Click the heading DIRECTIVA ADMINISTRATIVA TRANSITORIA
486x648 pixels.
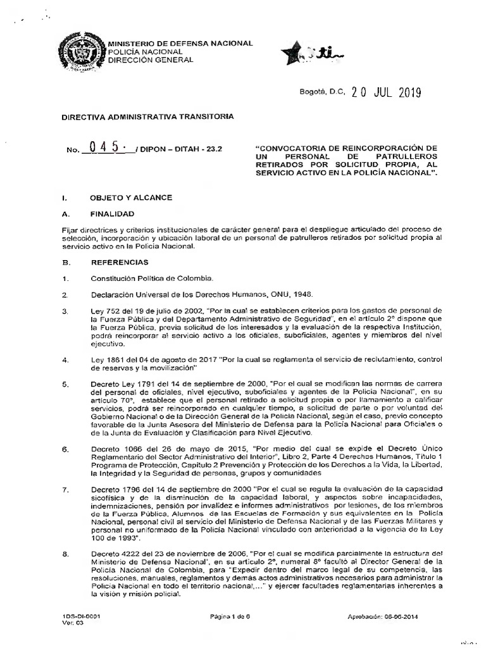pyautogui.click(x=138, y=116)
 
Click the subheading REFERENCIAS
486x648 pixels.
pyautogui.click(x=120, y=262)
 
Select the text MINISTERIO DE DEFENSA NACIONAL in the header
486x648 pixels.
pyautogui.click(x=180, y=43)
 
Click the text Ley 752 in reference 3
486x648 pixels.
pyautogui.click(x=104, y=311)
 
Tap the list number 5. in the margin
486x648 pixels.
pyautogui.click(x=65, y=384)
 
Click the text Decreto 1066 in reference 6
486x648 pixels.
pyautogui.click(x=113, y=449)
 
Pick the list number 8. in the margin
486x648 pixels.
pyautogui.click(x=65, y=554)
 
